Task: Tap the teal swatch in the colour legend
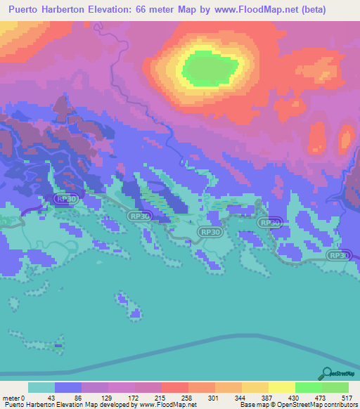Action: (41, 388)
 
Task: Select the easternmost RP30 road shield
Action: (340, 257)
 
